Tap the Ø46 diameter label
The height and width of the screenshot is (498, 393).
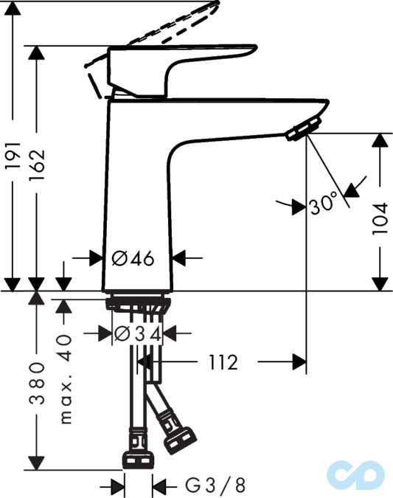(133, 258)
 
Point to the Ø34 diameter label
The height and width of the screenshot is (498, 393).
(137, 333)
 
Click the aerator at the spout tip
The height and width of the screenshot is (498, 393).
(301, 130)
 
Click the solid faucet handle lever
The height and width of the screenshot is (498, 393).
(181, 62)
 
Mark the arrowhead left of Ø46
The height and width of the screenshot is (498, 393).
(96, 258)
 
